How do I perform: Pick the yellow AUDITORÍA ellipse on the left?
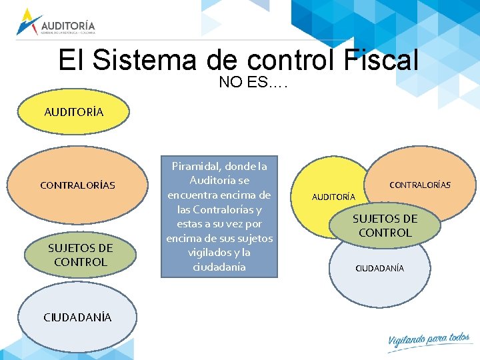tap(74, 112)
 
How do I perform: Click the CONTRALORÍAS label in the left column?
tap(77, 185)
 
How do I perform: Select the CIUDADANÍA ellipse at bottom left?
tap(77, 317)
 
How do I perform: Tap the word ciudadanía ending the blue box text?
tap(219, 267)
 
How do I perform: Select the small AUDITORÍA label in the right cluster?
tap(334, 197)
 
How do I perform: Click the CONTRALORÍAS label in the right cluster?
tap(420, 185)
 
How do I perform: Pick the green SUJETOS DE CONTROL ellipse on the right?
tap(385, 226)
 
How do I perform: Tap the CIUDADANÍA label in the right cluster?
tap(379, 268)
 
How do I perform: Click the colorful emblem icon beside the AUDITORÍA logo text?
tap(29, 21)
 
